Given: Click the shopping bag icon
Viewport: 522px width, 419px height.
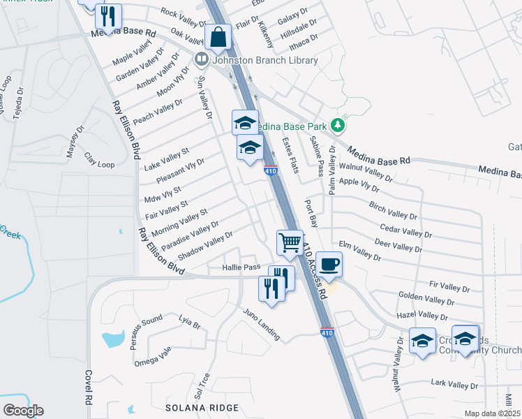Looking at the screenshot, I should (x=218, y=38).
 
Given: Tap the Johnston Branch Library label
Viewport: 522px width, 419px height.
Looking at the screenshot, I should (x=264, y=60).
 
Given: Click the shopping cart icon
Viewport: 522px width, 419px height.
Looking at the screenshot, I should (x=290, y=244).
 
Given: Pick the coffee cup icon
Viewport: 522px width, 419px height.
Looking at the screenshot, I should (x=329, y=265).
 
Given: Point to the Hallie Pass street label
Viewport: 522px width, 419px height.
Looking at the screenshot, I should (x=241, y=267).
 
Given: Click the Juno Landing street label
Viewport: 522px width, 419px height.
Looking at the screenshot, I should (x=261, y=325).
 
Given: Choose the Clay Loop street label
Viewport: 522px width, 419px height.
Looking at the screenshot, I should (x=99, y=160).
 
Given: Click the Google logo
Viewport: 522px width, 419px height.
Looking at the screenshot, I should (x=23, y=411).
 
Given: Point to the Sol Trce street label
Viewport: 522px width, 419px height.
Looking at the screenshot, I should (x=204, y=384).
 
